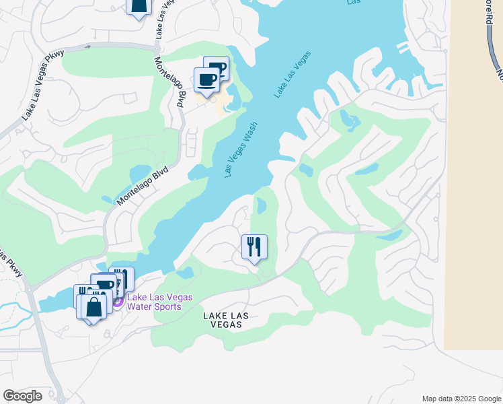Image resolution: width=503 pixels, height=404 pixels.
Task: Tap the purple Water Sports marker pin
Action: point(118,301)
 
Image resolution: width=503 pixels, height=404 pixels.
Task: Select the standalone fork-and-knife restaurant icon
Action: point(254,248)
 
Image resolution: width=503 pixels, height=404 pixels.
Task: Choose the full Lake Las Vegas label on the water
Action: point(293,74)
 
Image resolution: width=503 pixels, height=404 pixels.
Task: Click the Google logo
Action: point(22,396)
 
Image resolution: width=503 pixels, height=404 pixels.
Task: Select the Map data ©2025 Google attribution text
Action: point(461,399)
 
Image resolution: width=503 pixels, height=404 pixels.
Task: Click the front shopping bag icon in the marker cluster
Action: point(94,306)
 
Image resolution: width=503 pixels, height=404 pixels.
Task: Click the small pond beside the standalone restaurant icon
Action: point(261,206)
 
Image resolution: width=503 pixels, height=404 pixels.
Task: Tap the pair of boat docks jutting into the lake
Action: point(401,47)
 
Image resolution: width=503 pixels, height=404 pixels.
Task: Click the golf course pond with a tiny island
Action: point(349,121)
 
